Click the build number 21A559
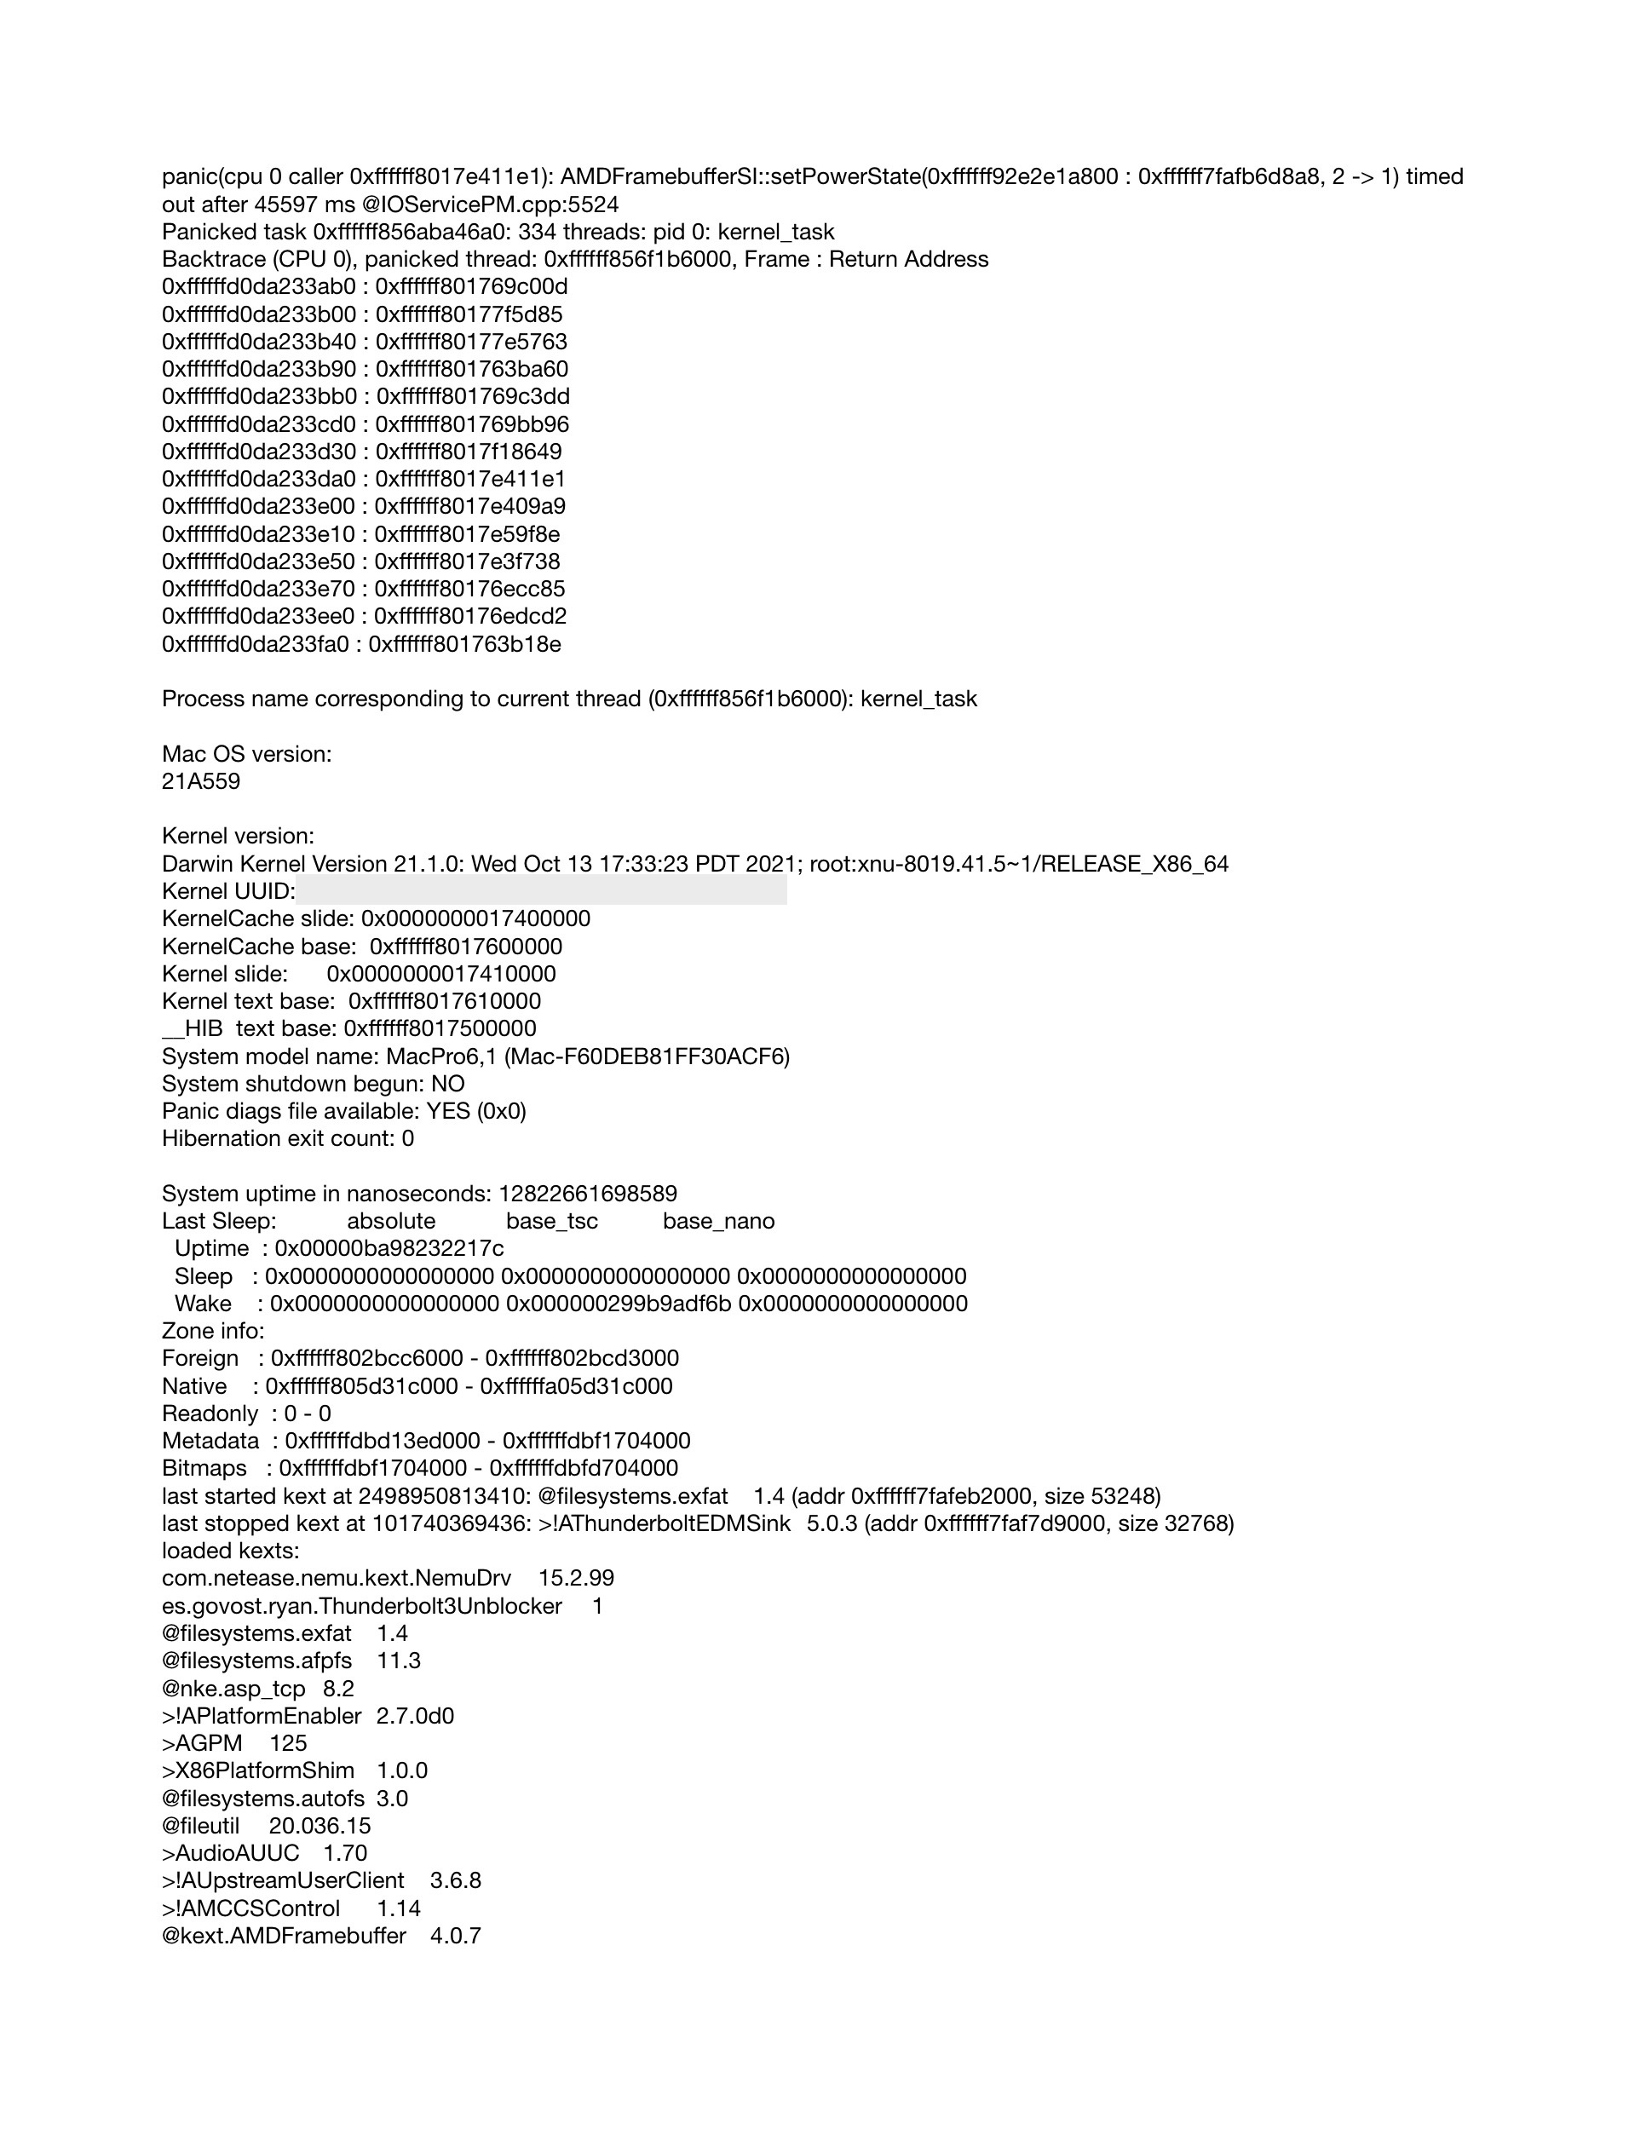tap(201, 781)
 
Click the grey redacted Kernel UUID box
tap(541, 890)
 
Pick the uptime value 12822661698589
tap(588, 1194)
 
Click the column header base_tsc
tap(552, 1221)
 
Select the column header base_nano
tap(718, 1221)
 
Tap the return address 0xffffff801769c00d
tap(471, 287)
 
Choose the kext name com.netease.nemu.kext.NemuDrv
tap(337, 1579)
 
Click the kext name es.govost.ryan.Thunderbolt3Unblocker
tap(362, 1605)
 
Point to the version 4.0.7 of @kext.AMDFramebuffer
tap(456, 1936)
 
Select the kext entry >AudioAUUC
tap(231, 1854)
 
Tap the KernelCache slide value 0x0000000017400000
tap(475, 918)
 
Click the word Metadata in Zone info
tap(210, 1441)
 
